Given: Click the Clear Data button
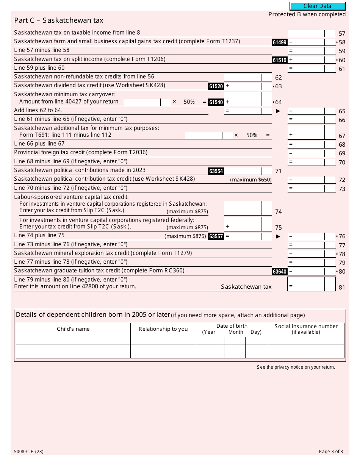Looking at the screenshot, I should [x=318, y=6].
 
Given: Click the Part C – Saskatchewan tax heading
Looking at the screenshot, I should [x=59, y=20].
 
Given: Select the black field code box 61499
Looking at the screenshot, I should [x=279, y=42].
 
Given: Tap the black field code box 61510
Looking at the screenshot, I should [x=279, y=60].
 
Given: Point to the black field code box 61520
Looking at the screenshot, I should [x=216, y=86].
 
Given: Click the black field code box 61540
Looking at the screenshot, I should [x=216, y=102].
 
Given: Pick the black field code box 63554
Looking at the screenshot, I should [x=216, y=171].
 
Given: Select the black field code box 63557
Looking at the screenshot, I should [x=216, y=236].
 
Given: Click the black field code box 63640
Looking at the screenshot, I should [x=279, y=272].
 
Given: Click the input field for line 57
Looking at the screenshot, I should [x=306, y=33].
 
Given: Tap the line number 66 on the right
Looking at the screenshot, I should [x=342, y=120].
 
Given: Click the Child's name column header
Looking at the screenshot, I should [x=73, y=329].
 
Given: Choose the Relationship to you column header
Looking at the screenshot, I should [x=163, y=329].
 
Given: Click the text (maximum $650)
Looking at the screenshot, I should [x=251, y=180].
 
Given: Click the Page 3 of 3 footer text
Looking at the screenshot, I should [x=331, y=452].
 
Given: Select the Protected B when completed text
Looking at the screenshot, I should [x=307, y=14].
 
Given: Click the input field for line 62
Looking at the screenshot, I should [x=243, y=77].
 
